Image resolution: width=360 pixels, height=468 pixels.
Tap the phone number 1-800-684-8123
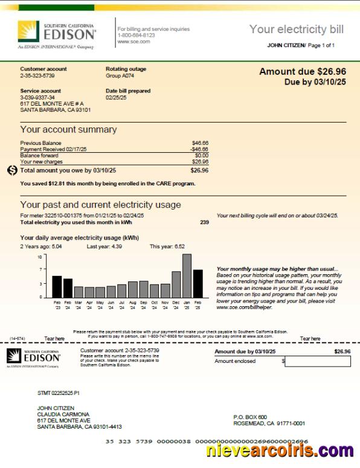click(136, 35)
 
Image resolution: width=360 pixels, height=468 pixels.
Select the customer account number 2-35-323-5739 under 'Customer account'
click(37, 75)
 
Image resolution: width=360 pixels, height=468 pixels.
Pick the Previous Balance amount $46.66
click(199, 143)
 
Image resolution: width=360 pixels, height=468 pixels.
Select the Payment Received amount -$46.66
click(199, 149)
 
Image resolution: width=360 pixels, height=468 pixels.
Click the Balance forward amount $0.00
click(201, 155)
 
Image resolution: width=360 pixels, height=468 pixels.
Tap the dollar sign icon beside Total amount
click(13, 170)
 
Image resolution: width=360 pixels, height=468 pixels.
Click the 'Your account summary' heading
click(68, 129)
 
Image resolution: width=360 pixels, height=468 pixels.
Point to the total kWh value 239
click(204, 222)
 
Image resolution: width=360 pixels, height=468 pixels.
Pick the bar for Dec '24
click(176, 284)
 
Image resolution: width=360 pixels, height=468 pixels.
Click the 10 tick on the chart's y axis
click(40, 257)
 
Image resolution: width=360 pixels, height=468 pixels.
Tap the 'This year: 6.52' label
click(167, 246)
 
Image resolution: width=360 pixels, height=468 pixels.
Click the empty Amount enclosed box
click(317, 361)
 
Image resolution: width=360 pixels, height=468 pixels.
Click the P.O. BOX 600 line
click(250, 417)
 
